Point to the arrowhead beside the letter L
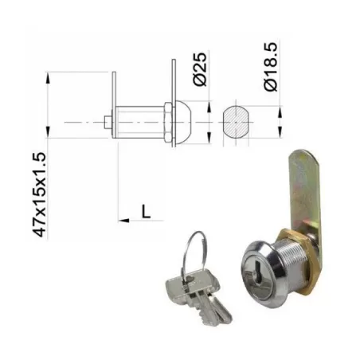coord(123,217)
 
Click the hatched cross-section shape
coord(237,122)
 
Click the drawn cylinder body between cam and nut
coord(139,123)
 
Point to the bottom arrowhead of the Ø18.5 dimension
coord(281,132)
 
